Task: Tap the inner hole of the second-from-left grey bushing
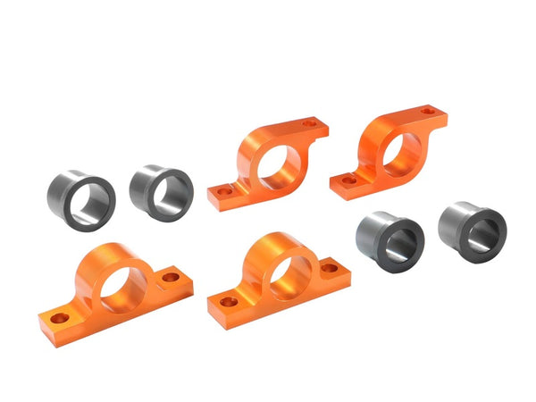tap(168, 192)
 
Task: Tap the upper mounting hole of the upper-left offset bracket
tap(309, 124)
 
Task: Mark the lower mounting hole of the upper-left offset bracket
tap(224, 189)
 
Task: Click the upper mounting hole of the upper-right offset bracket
tap(428, 113)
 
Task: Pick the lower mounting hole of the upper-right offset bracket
tap(348, 180)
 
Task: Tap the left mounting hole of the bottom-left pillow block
tap(60, 317)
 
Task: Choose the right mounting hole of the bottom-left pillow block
tap(171, 278)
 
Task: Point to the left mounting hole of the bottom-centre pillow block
tap(229, 302)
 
